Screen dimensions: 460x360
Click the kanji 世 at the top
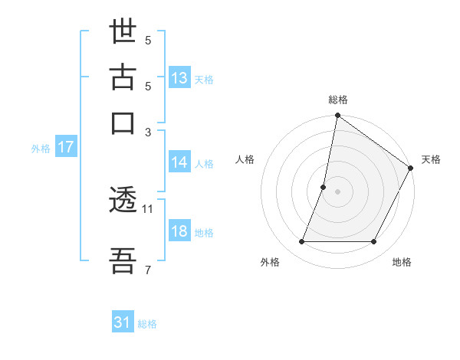pyautogui.click(x=123, y=34)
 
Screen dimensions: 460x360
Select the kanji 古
pyautogui.click(x=123, y=79)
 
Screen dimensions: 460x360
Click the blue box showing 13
pyautogui.click(x=179, y=77)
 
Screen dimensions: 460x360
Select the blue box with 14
pyautogui.click(x=179, y=162)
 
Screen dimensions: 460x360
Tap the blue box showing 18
pyautogui.click(x=179, y=231)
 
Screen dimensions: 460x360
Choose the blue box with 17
pyautogui.click(x=66, y=147)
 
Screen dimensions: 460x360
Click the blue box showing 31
pyautogui.click(x=123, y=322)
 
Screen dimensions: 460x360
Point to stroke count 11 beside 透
pyautogui.click(x=148, y=208)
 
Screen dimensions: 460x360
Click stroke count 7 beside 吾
pyautogui.click(x=148, y=270)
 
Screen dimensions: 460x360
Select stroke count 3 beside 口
pyautogui.click(x=149, y=131)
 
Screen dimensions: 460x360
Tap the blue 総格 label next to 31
pyautogui.click(x=147, y=324)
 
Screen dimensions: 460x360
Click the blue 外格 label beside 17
pyautogui.click(x=41, y=149)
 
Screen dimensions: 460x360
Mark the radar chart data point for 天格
pyautogui.click(x=412, y=169)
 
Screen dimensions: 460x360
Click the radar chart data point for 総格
pyautogui.click(x=337, y=116)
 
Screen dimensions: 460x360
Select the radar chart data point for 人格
pyautogui.click(x=324, y=187)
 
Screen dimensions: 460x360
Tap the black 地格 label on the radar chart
pyautogui.click(x=402, y=262)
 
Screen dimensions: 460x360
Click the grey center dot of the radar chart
pyautogui.click(x=337, y=191)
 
